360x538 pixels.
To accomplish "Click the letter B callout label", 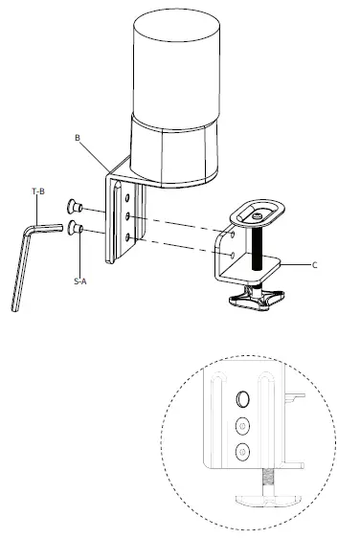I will (77, 139).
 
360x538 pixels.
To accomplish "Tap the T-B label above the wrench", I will (38, 193).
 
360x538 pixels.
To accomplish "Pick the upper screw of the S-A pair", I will (74, 205).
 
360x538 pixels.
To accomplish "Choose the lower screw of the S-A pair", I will (74, 228).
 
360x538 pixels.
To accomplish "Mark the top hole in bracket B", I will (128, 197).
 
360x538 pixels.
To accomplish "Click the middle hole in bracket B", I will (128, 216).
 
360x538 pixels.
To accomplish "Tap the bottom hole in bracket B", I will (128, 235).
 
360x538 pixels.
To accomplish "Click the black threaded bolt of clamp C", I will (257, 246).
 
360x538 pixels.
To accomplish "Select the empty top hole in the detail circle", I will (242, 398).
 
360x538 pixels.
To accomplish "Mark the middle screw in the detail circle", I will (242, 424).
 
